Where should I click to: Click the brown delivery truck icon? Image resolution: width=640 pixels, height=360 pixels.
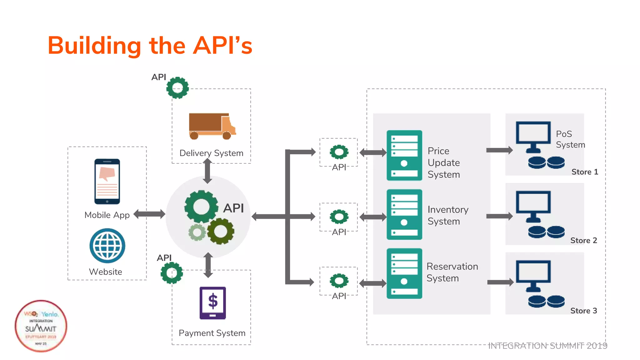pyautogui.click(x=212, y=126)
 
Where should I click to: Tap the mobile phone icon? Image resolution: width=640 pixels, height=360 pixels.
pyautogui.click(x=107, y=182)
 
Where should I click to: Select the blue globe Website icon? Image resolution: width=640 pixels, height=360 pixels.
pyautogui.click(x=107, y=246)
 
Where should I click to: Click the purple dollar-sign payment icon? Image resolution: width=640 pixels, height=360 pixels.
pyautogui.click(x=212, y=303)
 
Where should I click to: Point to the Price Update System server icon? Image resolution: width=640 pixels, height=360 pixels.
pyautogui.click(x=404, y=155)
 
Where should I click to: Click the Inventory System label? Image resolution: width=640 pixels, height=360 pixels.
pyautogui.click(x=447, y=215)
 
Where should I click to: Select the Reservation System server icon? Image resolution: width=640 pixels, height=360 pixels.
pyautogui.click(x=404, y=273)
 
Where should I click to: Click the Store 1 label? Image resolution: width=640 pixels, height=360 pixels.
pyautogui.click(x=584, y=172)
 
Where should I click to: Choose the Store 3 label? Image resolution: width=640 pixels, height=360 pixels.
pyautogui.click(x=583, y=311)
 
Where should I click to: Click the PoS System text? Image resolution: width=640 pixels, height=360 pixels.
pyautogui.click(x=570, y=139)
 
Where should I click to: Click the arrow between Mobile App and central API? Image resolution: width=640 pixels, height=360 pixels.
pyautogui.click(x=149, y=214)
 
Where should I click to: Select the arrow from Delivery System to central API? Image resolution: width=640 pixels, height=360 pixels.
pyautogui.click(x=207, y=171)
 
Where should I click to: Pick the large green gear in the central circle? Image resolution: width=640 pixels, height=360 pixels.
pyautogui.click(x=201, y=207)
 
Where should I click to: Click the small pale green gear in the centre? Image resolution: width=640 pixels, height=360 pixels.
pyautogui.click(x=197, y=232)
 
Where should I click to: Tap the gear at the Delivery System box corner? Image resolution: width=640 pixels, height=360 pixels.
pyautogui.click(x=177, y=88)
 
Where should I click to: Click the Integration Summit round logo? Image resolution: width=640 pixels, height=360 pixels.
pyautogui.click(x=41, y=326)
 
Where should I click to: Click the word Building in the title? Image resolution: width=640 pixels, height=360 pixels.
pyautogui.click(x=94, y=46)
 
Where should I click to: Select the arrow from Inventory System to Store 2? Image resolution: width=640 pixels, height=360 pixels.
pyautogui.click(x=499, y=216)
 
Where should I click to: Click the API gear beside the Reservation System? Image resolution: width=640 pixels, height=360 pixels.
pyautogui.click(x=339, y=281)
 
